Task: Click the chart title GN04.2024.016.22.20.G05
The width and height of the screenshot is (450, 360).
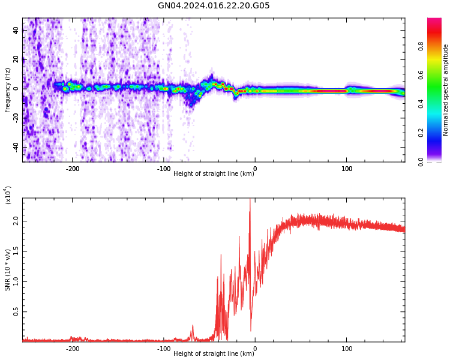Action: click(214, 6)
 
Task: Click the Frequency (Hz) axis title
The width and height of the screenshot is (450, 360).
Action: click(8, 90)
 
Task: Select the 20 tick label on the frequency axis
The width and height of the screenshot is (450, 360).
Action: click(16, 58)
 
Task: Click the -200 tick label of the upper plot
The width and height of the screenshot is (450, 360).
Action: click(72, 169)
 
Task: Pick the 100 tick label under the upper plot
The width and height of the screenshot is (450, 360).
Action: click(347, 169)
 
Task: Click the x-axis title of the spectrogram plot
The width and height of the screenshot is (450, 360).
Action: click(214, 174)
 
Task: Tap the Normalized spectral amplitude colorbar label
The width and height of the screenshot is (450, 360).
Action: click(446, 90)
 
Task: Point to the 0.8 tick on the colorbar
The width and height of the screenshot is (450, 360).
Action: click(437, 46)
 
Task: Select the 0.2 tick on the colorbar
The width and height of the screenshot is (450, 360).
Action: click(437, 133)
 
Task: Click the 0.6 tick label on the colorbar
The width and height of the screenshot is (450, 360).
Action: click(437, 75)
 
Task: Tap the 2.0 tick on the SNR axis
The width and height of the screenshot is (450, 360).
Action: click(16, 221)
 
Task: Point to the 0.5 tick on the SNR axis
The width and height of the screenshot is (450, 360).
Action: click(16, 312)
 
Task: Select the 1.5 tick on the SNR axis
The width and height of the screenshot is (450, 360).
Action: click(16, 251)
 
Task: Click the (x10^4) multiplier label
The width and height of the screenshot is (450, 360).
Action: click(8, 196)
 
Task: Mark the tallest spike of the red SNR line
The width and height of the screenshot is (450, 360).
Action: click(250, 200)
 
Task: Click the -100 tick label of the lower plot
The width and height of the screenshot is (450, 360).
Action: click(163, 349)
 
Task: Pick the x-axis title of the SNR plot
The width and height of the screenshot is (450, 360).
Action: click(214, 354)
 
